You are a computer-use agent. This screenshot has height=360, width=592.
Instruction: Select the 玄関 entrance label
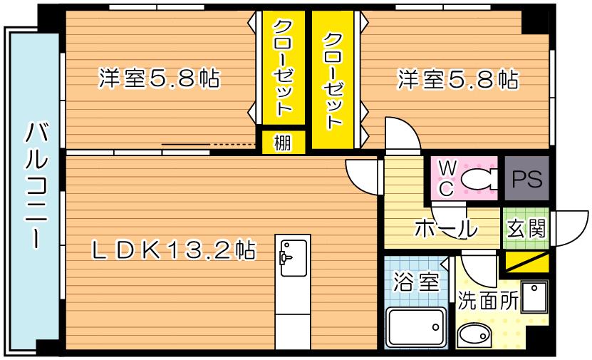526,228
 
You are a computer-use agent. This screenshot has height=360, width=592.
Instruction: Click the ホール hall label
445,230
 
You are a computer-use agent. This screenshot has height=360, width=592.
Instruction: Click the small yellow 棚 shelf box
282,143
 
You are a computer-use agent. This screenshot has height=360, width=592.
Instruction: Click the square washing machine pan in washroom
535,297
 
